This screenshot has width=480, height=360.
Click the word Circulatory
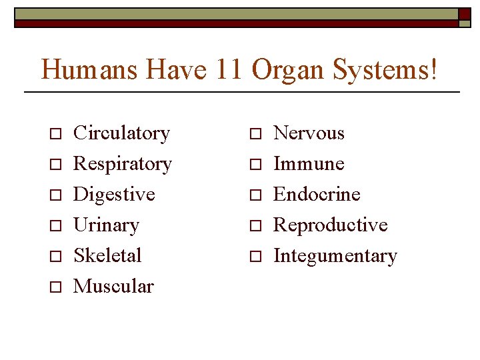[121, 133]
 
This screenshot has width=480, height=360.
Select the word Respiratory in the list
[123, 164]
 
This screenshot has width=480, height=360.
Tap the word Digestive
[114, 195]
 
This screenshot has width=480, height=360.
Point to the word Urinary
[106, 225]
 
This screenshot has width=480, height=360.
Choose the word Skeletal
[107, 255]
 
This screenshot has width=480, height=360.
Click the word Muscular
[113, 286]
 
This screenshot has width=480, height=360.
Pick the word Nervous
[309, 133]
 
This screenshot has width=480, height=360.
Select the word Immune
[309, 164]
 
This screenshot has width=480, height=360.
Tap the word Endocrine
[317, 195]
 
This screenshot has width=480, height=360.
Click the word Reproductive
[331, 225]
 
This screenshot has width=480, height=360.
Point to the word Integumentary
[335, 256]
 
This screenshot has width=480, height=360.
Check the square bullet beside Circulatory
[56, 134]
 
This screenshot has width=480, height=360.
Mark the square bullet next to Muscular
[56, 287]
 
